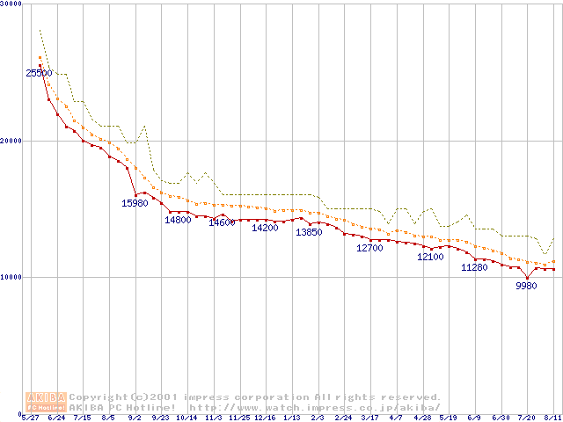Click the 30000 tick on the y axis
[11, 4]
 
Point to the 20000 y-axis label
[11, 141]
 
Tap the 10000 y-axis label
[11, 277]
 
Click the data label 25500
[39, 73]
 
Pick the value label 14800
[178, 220]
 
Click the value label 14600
[222, 222]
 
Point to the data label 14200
[265, 228]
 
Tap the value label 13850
[308, 232]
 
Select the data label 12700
[369, 248]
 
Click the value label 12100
[430, 257]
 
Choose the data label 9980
[526, 286]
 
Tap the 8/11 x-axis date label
[552, 418]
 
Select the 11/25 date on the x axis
[239, 418]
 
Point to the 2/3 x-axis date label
[318, 418]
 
